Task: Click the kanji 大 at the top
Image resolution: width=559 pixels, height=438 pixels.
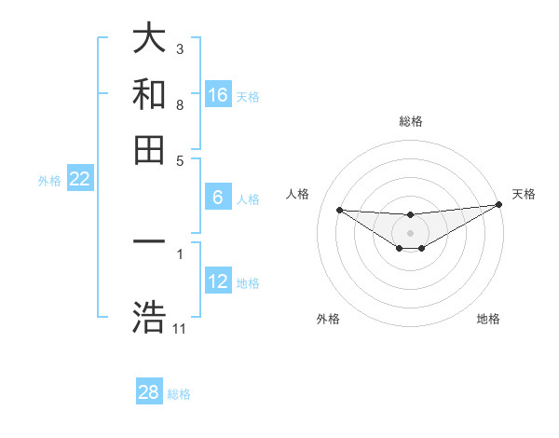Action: point(149,39)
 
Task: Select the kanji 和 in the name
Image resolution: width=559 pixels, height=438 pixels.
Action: point(149,94)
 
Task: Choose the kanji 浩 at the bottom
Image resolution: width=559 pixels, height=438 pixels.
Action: point(149,317)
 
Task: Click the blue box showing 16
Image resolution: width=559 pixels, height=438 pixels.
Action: point(218,95)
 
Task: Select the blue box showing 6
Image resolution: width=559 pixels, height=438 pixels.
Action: point(218,198)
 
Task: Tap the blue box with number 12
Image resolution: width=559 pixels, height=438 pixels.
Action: point(218,281)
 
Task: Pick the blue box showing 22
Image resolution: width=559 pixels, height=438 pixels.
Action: point(79,179)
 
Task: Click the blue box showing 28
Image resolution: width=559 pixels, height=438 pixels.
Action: point(149,392)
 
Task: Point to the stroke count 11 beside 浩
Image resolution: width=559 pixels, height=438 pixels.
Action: point(180,329)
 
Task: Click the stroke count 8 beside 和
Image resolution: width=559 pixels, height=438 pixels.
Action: point(180,105)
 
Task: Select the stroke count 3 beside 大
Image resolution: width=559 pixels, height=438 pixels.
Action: point(180,48)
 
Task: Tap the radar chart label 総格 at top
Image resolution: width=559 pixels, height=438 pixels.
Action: point(410,121)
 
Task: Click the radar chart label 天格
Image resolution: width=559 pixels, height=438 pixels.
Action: point(524,194)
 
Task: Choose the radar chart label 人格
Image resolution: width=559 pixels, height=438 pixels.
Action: point(298,194)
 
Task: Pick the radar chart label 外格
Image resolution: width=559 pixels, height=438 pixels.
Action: point(327,319)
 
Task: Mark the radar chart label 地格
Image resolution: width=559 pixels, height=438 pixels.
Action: point(488,319)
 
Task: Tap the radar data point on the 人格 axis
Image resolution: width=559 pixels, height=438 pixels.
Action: point(339,210)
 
